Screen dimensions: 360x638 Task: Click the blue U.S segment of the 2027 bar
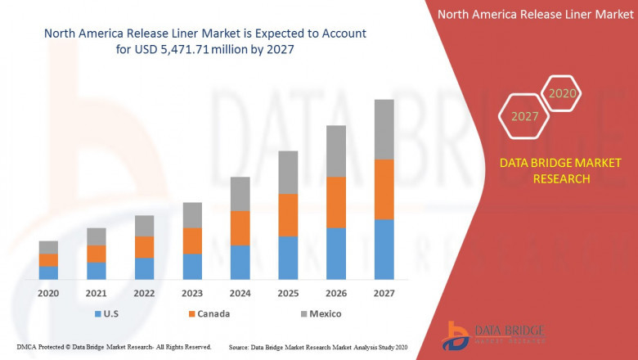[x=384, y=250]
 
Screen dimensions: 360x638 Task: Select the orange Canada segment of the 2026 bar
[x=336, y=202]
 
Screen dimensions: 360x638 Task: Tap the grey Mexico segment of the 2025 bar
[x=288, y=172]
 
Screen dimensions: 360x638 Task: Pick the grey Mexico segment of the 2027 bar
[x=384, y=129]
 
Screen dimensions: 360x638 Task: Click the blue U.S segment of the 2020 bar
[x=48, y=272]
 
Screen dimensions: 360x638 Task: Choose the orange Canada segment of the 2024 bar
[x=240, y=227]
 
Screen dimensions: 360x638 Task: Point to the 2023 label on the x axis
[x=192, y=293]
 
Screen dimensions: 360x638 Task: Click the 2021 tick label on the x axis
[x=97, y=293]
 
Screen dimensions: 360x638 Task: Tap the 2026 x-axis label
[x=336, y=293]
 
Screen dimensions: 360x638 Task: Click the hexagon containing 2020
[x=562, y=94]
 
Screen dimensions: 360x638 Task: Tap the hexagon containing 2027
[x=525, y=116]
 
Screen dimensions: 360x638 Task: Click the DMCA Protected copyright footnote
[x=114, y=347]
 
